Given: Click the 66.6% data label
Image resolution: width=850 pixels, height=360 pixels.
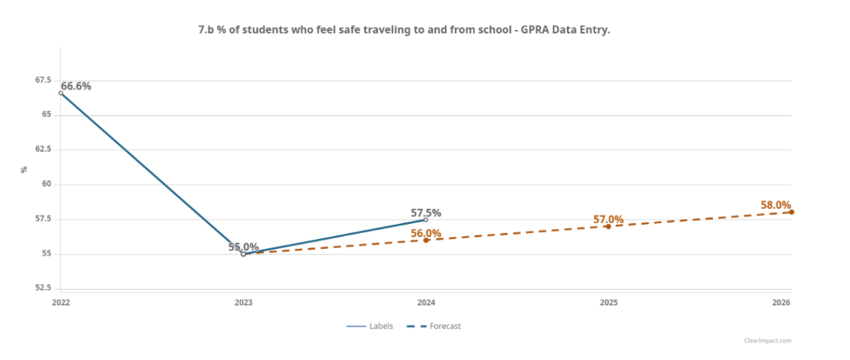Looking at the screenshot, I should [76, 86].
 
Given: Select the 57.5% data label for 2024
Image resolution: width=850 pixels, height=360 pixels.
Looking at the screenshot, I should [426, 213].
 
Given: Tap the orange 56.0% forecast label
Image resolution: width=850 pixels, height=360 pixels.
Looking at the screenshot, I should [426, 233].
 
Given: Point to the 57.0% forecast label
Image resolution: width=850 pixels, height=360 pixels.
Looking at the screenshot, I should [608, 220].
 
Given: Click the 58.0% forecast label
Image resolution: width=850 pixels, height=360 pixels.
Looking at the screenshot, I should [776, 205].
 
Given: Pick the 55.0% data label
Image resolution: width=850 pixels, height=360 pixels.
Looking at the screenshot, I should [243, 247].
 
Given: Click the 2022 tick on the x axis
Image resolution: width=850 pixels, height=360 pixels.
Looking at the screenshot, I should [60, 302].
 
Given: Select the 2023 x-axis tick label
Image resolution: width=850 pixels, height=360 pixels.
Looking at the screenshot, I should [243, 302].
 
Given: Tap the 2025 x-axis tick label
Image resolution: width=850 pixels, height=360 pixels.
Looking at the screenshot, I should [608, 302].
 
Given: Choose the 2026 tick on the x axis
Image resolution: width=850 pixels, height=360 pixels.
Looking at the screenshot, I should [782, 302].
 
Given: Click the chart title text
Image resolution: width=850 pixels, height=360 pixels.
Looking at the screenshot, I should [404, 30].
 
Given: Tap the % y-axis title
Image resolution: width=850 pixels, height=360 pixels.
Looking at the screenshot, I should [24, 170].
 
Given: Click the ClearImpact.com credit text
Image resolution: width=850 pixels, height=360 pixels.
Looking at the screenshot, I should [767, 341].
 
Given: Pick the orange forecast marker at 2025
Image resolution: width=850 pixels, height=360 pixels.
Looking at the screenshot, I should [608, 226].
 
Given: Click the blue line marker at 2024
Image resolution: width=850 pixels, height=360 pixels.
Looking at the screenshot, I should [426, 220].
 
